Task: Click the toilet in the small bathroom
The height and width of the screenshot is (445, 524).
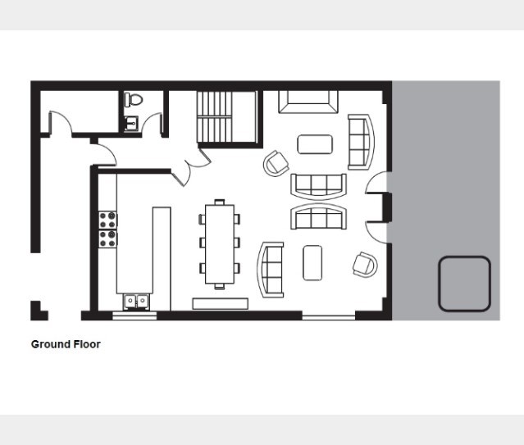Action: tap(134, 99)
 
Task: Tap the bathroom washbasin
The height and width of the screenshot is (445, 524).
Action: tap(131, 124)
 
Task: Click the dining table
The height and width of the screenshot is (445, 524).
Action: tap(220, 244)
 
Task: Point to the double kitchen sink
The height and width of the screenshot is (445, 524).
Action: tap(136, 302)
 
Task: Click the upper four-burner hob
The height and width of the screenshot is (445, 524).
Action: tap(107, 220)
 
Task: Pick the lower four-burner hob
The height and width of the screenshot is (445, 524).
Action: tap(107, 238)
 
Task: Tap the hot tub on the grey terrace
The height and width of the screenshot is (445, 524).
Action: tap(464, 284)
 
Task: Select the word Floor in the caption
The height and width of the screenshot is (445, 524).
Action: tap(87, 344)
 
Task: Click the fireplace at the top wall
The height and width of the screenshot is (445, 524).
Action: tap(308, 102)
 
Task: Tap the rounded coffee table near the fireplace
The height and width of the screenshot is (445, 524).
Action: tap(315, 144)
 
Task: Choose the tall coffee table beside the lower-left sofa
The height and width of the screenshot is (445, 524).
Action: tap(312, 263)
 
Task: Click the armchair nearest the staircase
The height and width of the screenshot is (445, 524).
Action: tap(276, 164)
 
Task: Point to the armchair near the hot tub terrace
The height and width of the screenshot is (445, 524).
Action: tap(365, 265)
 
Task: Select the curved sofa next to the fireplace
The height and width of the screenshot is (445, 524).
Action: tap(361, 142)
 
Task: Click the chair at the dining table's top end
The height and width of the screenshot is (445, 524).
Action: tap(220, 202)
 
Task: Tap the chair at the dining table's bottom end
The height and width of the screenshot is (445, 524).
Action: tap(220, 286)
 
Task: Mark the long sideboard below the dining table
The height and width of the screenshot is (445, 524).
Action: tap(221, 304)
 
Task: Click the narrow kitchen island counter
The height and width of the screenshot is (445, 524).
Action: tap(162, 259)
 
